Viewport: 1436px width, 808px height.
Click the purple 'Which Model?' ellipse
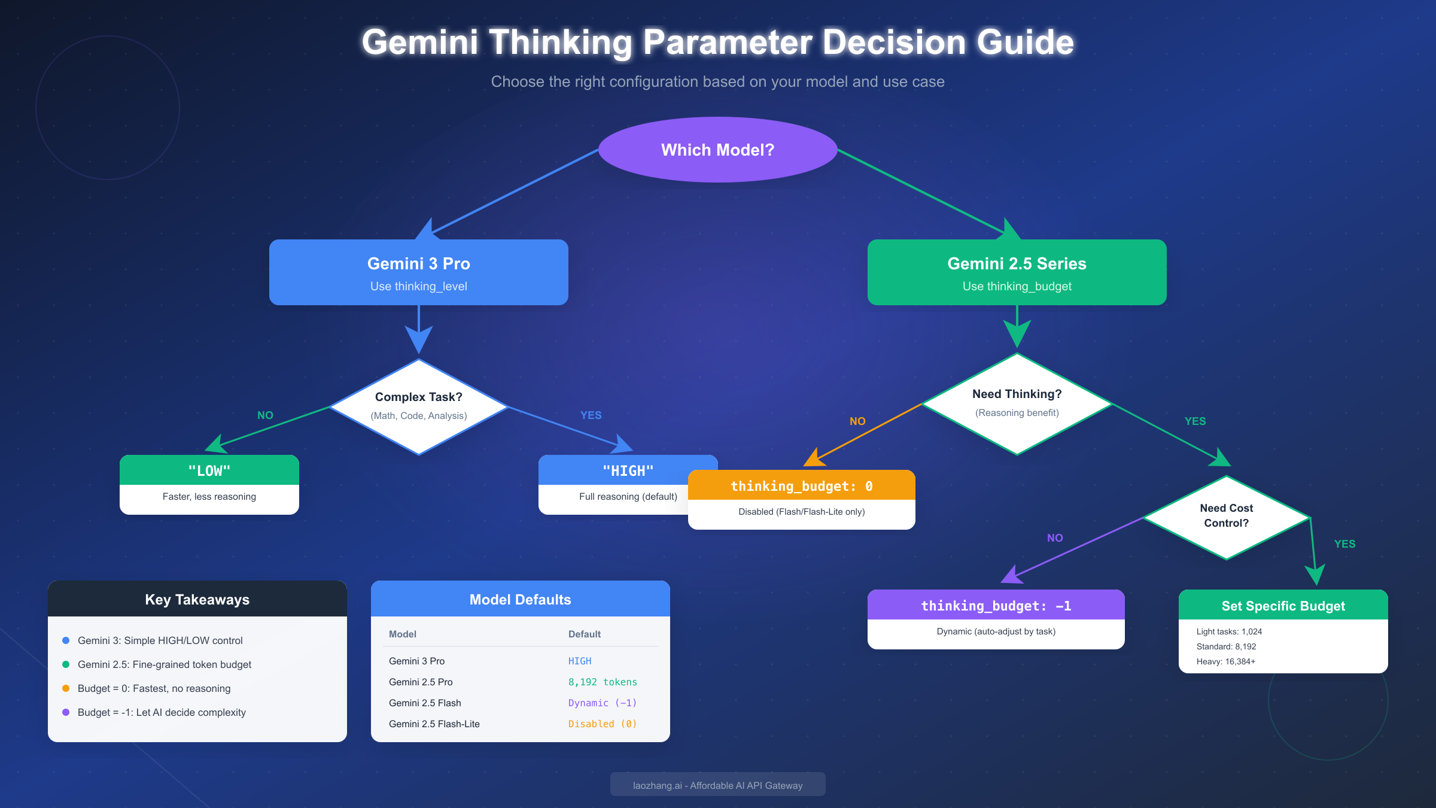click(717, 150)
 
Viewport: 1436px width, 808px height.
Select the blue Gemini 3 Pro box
click(418, 272)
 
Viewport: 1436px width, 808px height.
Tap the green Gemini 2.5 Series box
click(1017, 272)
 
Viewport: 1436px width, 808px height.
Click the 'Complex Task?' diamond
click(418, 406)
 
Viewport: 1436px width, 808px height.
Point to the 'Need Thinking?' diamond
click(1017, 403)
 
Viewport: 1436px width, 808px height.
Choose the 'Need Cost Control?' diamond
click(1226, 516)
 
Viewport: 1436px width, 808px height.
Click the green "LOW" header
click(209, 470)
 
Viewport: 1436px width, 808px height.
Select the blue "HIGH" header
click(628, 470)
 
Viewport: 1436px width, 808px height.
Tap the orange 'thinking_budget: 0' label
click(801, 485)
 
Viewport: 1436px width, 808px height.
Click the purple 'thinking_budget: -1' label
click(996, 605)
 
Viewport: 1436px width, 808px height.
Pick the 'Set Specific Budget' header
click(1283, 605)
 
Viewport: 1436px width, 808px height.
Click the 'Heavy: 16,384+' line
click(1225, 661)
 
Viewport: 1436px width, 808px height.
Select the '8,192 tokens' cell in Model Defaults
click(602, 682)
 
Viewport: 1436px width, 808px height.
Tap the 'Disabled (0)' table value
click(602, 724)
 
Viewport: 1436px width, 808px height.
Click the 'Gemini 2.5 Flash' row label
click(425, 703)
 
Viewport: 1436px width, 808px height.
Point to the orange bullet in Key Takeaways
click(66, 688)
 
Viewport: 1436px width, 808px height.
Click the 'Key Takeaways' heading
click(197, 599)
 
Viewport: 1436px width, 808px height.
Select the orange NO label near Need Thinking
click(857, 421)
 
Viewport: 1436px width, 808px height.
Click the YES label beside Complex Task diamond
click(591, 415)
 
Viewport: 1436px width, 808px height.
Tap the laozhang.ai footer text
click(717, 785)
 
